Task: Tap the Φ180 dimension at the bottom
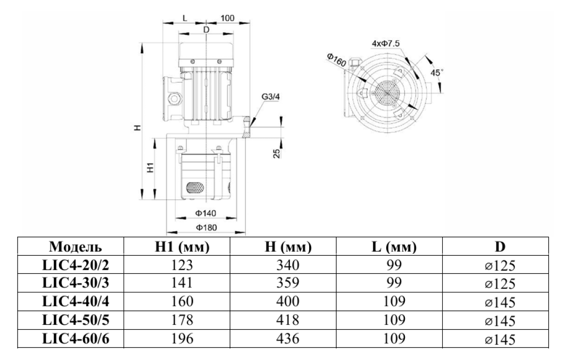pyautogui.click(x=206, y=228)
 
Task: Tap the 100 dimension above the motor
pyautogui.click(x=228, y=18)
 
